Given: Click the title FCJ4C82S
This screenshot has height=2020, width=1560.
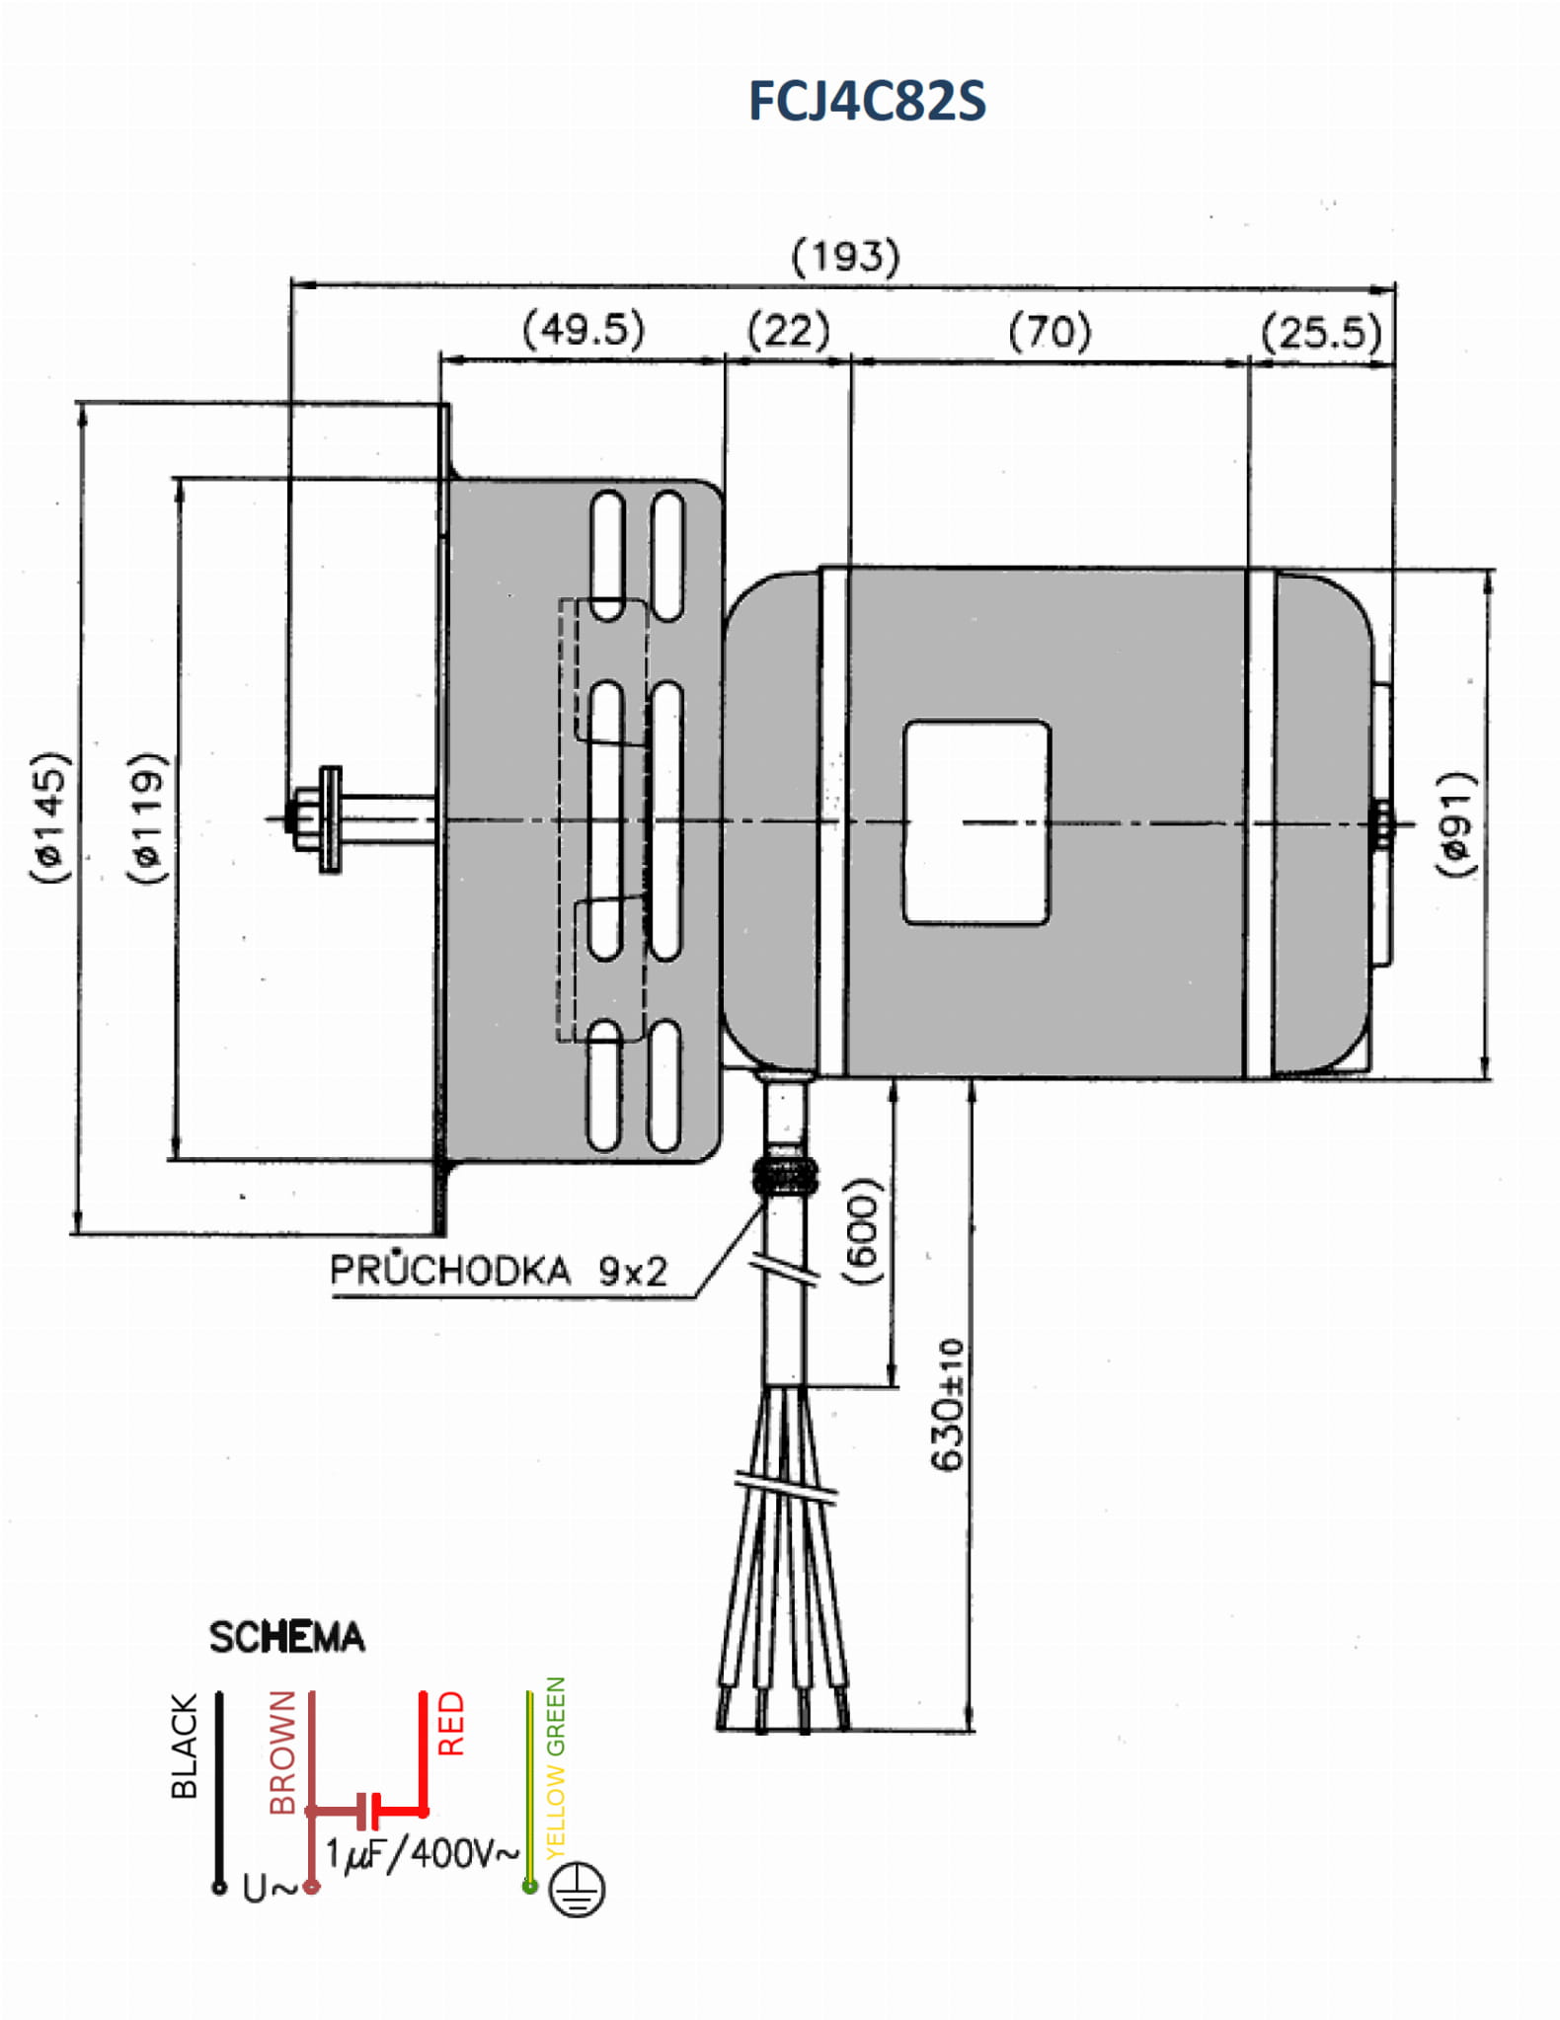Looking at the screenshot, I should pos(866,102).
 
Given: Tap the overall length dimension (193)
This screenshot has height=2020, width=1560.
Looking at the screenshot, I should pos(845,257).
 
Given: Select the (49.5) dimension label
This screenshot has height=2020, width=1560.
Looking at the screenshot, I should pos(584,329).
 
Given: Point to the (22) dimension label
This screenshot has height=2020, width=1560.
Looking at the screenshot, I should pos(788,330).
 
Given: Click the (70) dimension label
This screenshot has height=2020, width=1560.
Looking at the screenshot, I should pos(1050,331).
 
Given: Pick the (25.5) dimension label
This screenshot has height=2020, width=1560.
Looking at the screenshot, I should pos(1321,333).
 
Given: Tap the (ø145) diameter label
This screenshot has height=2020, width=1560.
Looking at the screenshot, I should pos(50,817).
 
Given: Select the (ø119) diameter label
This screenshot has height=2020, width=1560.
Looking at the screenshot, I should pos(147,817).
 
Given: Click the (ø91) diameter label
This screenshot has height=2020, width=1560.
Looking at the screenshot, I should pos(1455,822).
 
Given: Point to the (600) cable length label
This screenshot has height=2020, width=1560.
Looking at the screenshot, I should pos(862,1230).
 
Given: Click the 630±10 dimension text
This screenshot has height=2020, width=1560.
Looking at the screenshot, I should pos(947,1404).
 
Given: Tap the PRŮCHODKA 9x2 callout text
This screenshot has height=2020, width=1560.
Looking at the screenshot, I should pos(499,1271).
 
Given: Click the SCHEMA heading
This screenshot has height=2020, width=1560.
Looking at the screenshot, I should pos(286,1637).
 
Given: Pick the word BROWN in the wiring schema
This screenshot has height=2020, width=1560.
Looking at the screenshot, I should pos(282,1751).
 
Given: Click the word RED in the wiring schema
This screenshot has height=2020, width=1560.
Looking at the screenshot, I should pos(450,1724).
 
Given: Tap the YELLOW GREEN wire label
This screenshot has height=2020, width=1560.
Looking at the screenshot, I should pos(556,1767).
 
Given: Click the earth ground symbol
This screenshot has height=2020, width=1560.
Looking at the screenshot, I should pos(577,1889).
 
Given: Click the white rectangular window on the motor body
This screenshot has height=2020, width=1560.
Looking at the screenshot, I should pos(976,822).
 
